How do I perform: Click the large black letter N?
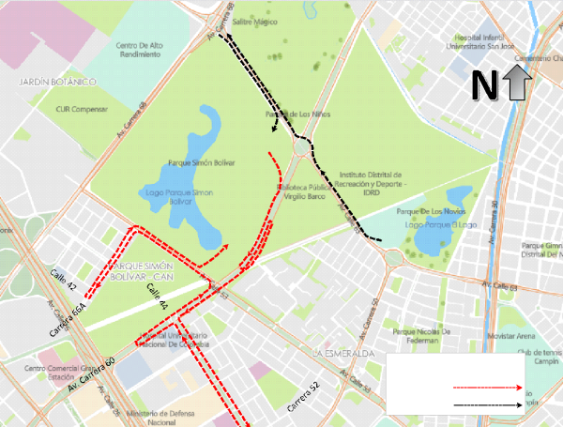pos(484,85)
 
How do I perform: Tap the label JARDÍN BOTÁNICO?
pos(58,84)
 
